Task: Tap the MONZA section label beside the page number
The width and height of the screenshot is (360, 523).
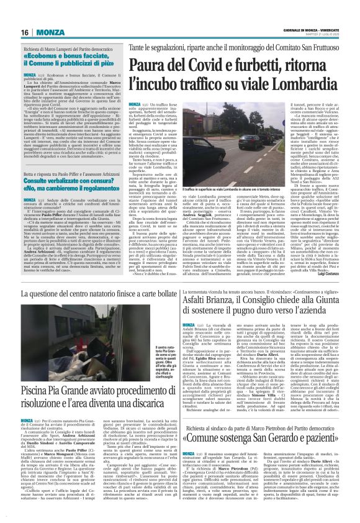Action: (x=48, y=32)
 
